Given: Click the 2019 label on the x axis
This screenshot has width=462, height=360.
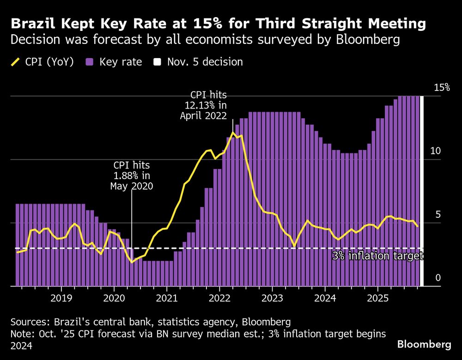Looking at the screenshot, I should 61,298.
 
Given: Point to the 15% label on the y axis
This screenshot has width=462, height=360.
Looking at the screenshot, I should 441,88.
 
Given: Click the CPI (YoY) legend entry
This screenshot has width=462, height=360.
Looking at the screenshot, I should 42,62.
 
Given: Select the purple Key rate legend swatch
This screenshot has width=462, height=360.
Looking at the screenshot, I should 89,62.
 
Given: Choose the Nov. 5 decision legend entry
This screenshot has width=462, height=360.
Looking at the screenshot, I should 199,62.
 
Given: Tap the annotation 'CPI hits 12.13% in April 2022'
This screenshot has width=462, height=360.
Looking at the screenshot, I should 204,105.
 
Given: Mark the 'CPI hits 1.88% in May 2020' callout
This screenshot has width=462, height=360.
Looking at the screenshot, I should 132,175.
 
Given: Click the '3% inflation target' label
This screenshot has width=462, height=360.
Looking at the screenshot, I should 377,256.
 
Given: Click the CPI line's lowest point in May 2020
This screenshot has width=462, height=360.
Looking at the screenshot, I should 132,262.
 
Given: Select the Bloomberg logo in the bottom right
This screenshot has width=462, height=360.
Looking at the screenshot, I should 424,344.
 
